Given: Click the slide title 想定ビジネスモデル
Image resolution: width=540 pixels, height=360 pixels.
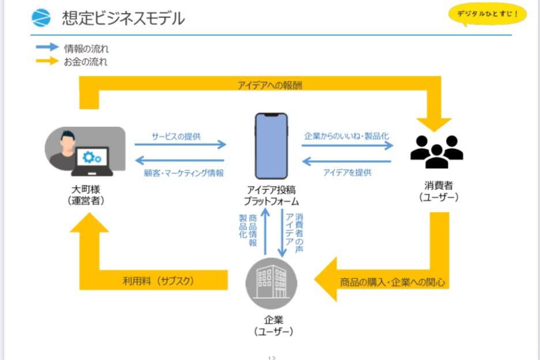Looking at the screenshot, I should [x=123, y=19].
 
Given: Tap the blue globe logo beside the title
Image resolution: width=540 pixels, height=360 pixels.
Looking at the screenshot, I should [x=42, y=18].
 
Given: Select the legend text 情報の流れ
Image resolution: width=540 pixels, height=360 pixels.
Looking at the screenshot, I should [x=86, y=48].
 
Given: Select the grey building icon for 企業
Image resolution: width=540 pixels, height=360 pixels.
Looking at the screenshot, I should [x=272, y=284].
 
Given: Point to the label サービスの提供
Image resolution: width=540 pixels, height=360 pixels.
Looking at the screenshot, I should [x=180, y=136].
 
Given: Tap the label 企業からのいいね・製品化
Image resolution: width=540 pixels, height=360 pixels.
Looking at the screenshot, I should [x=346, y=136].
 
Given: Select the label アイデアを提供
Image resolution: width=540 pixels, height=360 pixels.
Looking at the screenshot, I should [x=347, y=172].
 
